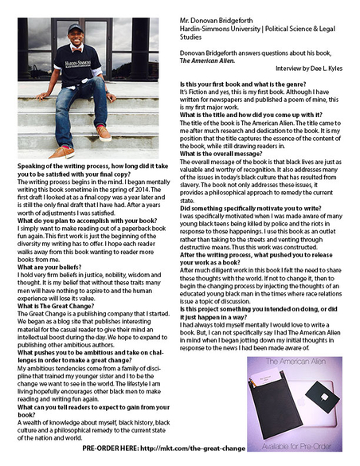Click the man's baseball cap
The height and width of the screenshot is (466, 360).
click(x=76, y=28)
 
